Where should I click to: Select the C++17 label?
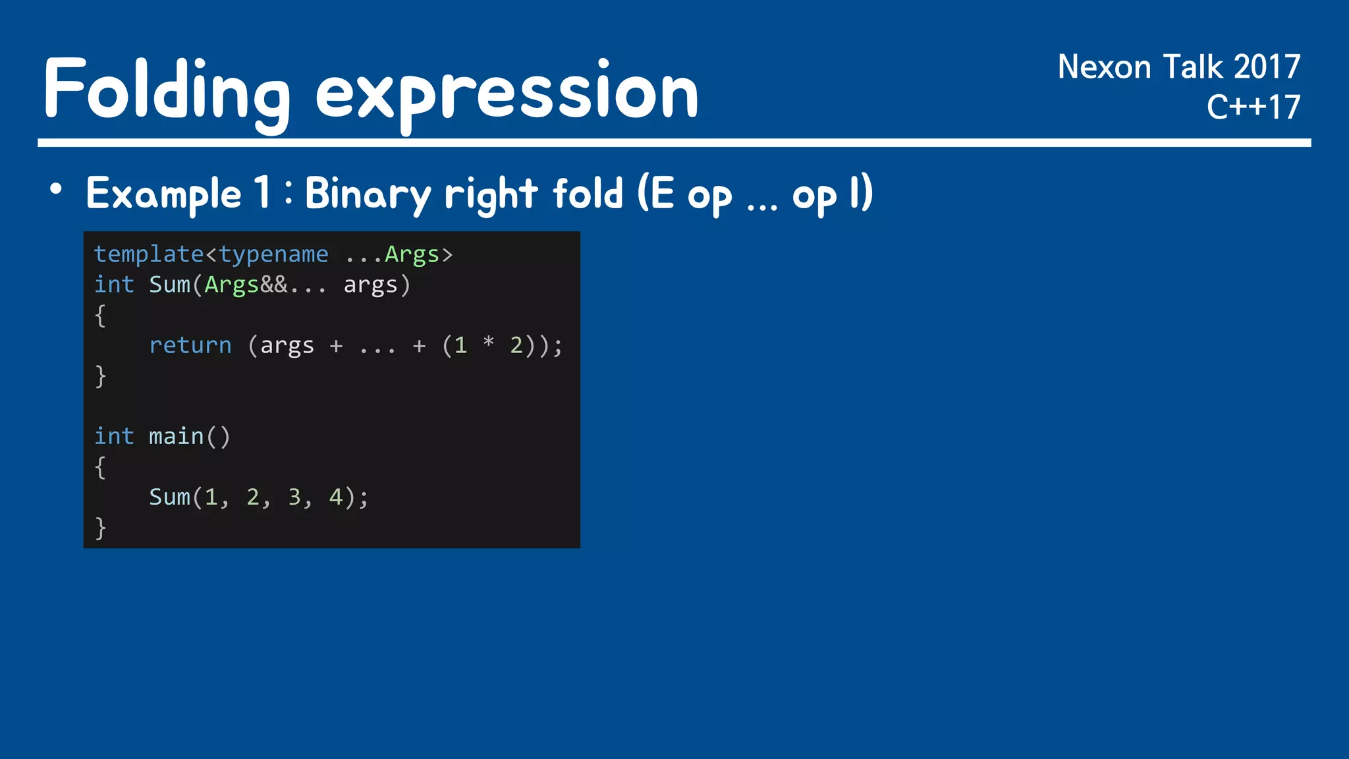pyautogui.click(x=1253, y=107)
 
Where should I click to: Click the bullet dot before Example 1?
pyautogui.click(x=56, y=190)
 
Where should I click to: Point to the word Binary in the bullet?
pyautogui.click(x=368, y=194)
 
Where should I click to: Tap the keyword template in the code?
pyautogui.click(x=149, y=254)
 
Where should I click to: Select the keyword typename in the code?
pyautogui.click(x=273, y=254)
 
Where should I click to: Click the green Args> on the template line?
pyautogui.click(x=418, y=254)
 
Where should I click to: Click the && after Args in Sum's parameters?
pyautogui.click(x=273, y=285)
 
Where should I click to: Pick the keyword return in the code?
pyautogui.click(x=190, y=345)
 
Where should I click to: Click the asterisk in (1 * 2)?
pyautogui.click(x=488, y=343)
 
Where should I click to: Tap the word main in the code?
pyautogui.click(x=176, y=436)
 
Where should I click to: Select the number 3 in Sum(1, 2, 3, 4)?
pyautogui.click(x=294, y=497)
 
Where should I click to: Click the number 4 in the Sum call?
pyautogui.click(x=336, y=497)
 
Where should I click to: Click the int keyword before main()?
pyautogui.click(x=114, y=436)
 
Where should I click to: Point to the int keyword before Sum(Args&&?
pyautogui.click(x=114, y=285)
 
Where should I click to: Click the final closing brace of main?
pyautogui.click(x=100, y=528)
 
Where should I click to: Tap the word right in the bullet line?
pyautogui.click(x=491, y=194)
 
